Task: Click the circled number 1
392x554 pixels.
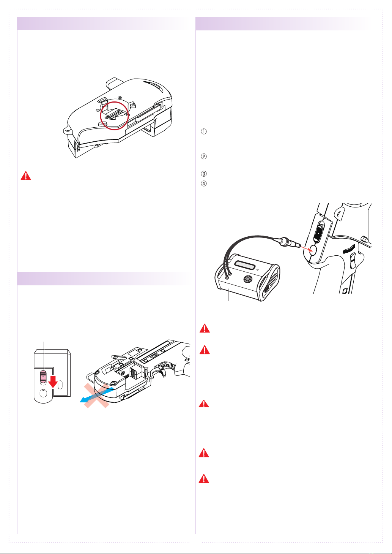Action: [203, 131]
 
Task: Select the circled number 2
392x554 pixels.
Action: [203, 156]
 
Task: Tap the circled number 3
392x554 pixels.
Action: [203, 174]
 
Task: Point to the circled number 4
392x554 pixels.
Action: [203, 184]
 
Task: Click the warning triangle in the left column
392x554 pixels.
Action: [26, 176]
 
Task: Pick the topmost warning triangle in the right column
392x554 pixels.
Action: [205, 328]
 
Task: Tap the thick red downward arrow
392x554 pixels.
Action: [53, 381]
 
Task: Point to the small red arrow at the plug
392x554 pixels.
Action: [305, 249]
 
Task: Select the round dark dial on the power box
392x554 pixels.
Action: [247, 279]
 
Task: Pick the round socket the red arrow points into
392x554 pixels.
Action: [313, 250]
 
